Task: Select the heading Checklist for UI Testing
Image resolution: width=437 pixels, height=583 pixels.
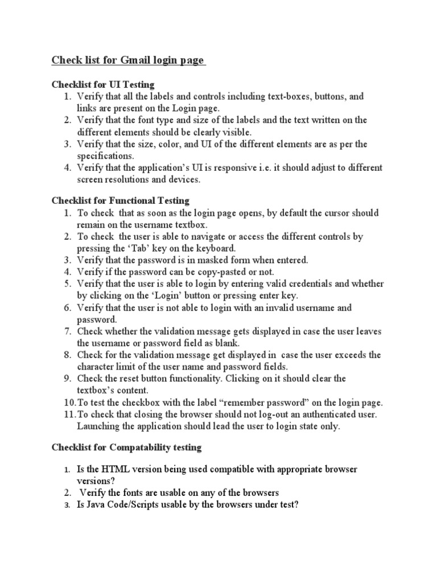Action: [x=103, y=85]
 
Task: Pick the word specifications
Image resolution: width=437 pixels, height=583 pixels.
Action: [x=106, y=155]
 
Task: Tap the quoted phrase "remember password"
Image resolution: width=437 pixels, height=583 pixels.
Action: [x=236, y=403]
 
